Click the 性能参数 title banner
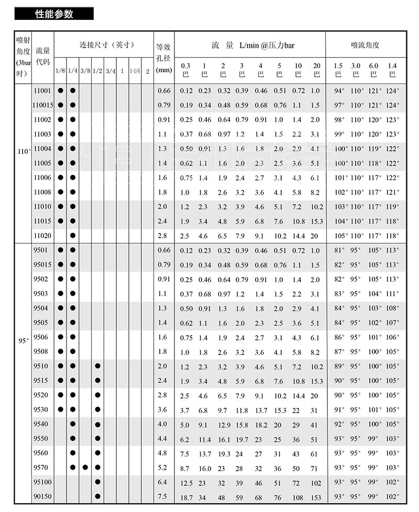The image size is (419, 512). [54, 14]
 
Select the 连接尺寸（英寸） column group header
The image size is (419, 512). [104, 44]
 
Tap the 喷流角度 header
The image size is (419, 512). [365, 45]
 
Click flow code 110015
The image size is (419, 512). [43, 105]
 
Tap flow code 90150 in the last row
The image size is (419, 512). [42, 496]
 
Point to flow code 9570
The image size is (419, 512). [40, 467]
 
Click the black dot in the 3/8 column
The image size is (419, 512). [85, 467]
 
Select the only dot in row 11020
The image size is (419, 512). [73, 236]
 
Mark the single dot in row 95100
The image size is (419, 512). [97, 482]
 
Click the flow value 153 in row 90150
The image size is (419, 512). [315, 496]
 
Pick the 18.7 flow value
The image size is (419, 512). [186, 496]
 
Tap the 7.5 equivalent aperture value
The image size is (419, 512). [163, 496]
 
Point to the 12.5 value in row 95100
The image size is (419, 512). [186, 482]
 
